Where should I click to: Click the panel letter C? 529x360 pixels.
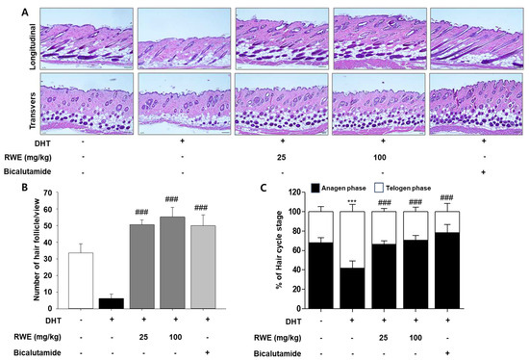pyautogui.click(x=278, y=177)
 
